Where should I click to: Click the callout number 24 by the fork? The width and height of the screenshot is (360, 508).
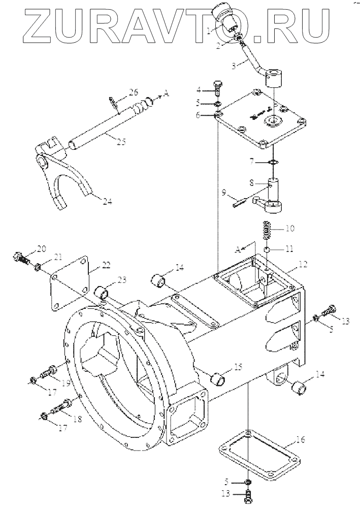tap(107, 201)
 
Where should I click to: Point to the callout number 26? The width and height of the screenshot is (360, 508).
tap(133, 92)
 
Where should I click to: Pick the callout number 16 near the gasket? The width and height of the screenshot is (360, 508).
tap(300, 439)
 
